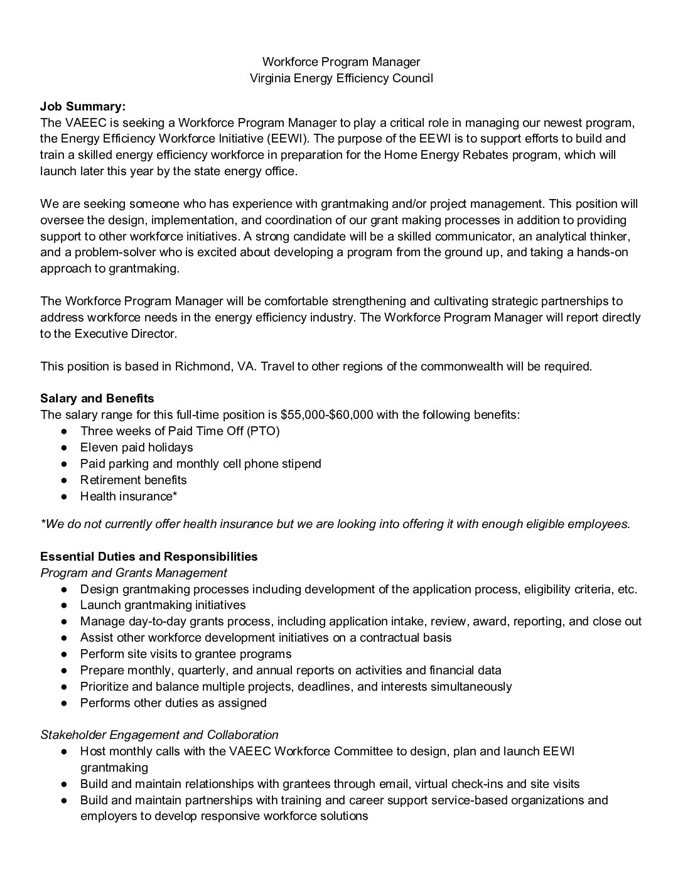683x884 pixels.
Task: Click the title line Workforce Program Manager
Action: (x=341, y=62)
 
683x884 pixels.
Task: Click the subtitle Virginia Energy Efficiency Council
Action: (x=341, y=78)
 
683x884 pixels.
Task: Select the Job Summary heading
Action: (x=83, y=106)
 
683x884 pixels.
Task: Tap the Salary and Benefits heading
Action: (x=97, y=398)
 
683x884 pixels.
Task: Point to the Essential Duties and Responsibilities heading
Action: (x=149, y=556)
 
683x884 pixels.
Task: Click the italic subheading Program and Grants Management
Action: (x=134, y=573)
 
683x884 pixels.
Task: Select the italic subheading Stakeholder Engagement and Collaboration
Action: (x=159, y=735)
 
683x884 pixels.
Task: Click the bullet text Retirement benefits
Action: (x=133, y=480)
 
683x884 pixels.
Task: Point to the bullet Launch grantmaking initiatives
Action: (x=163, y=605)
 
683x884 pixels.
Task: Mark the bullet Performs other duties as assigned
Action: (x=173, y=703)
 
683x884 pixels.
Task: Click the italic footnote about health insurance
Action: (x=335, y=524)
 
